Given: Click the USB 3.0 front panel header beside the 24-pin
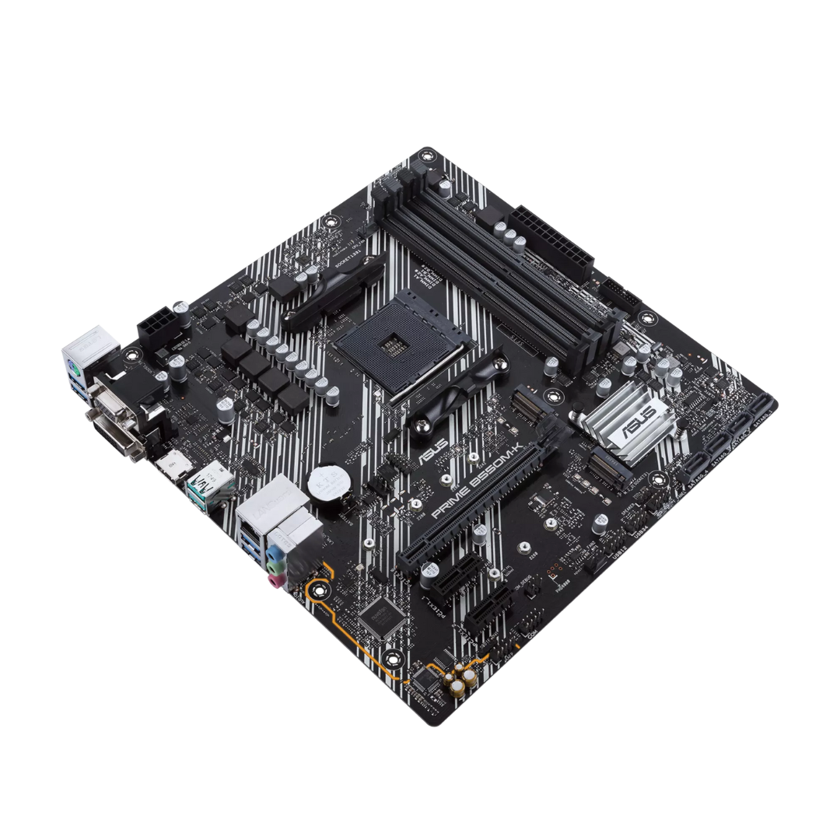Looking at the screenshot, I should click(619, 294).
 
